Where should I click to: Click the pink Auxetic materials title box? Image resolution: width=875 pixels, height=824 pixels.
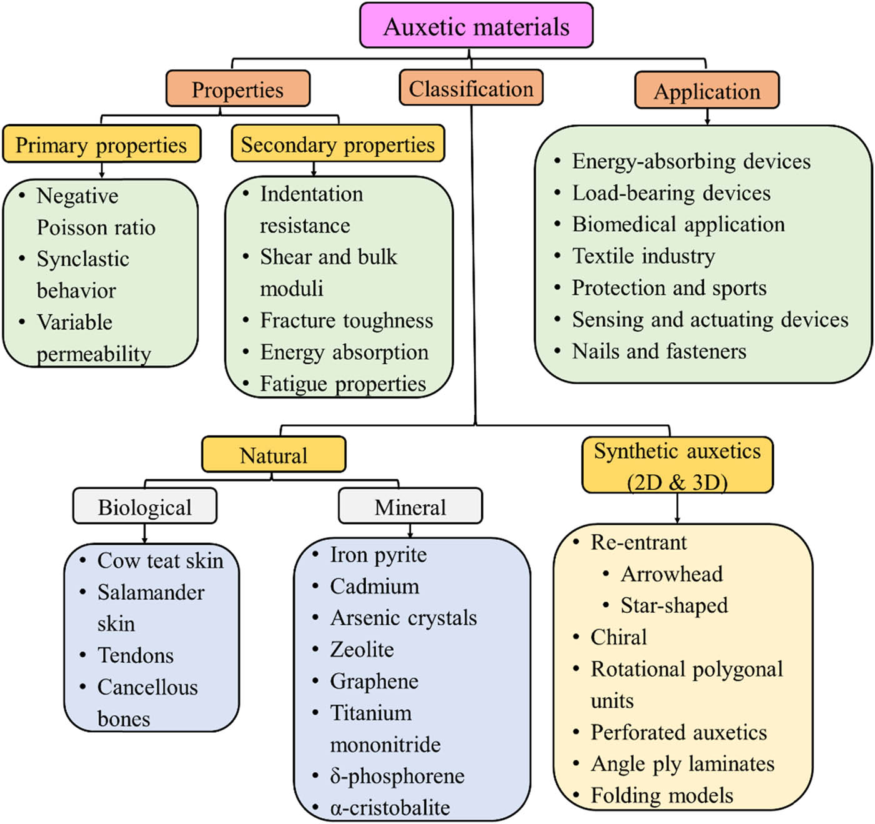(476, 26)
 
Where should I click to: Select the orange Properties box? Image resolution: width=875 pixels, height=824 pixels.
(237, 89)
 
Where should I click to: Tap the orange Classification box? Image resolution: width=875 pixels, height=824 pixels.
(471, 89)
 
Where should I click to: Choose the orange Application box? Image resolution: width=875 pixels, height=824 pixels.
(707, 91)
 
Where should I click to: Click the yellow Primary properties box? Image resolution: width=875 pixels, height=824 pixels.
(101, 145)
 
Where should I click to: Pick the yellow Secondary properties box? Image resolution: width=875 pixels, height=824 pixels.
(337, 144)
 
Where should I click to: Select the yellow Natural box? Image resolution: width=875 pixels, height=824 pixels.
(273, 455)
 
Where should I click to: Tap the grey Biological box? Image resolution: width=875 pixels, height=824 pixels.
(144, 507)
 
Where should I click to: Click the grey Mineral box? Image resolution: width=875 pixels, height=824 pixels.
(410, 507)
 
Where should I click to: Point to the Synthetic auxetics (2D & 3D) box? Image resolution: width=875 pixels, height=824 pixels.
(677, 466)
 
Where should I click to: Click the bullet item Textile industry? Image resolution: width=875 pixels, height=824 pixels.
(643, 256)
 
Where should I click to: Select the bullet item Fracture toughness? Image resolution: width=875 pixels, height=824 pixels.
(346, 320)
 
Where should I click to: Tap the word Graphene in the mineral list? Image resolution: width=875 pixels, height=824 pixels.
(374, 681)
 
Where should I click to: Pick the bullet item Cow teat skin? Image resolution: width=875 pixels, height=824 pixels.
(160, 560)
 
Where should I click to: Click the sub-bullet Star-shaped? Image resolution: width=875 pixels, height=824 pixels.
(674, 605)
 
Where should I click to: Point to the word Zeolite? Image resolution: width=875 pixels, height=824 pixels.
(362, 650)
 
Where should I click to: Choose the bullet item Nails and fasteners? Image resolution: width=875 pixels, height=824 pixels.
(659, 351)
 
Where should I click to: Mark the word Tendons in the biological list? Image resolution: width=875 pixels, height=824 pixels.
(136, 655)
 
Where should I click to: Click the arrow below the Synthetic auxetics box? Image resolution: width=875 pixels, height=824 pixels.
(677, 509)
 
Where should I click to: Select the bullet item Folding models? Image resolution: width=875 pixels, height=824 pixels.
(661, 795)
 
